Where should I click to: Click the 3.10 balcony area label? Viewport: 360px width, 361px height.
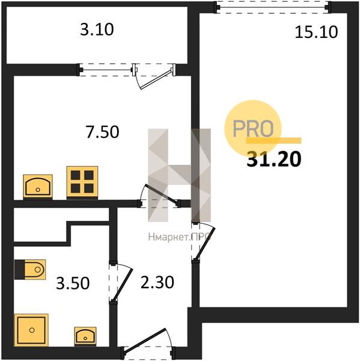point(97,29)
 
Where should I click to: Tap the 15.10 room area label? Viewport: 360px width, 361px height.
point(316,32)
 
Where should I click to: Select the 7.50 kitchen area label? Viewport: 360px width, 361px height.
point(102,132)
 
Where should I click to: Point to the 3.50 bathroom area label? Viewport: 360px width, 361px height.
point(73,283)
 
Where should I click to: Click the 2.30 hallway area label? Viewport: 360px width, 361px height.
point(157,283)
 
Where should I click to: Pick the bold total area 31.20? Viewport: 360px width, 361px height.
point(273,159)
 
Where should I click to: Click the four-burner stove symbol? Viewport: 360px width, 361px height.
point(82,182)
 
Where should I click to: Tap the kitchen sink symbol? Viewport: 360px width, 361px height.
point(38,187)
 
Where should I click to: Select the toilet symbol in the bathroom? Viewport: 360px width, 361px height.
point(30,270)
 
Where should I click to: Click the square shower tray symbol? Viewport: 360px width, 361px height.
point(31,330)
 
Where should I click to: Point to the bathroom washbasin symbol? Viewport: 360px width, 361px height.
point(85,336)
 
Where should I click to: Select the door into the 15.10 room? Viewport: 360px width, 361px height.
point(205,244)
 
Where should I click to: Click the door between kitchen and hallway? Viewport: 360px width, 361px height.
point(159,193)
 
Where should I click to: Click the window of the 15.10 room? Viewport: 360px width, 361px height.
point(273,7)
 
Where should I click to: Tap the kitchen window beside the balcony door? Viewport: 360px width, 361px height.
point(106,70)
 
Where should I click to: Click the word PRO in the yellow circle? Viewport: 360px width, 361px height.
point(253,128)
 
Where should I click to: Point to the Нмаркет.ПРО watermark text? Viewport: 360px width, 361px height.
point(179,236)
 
